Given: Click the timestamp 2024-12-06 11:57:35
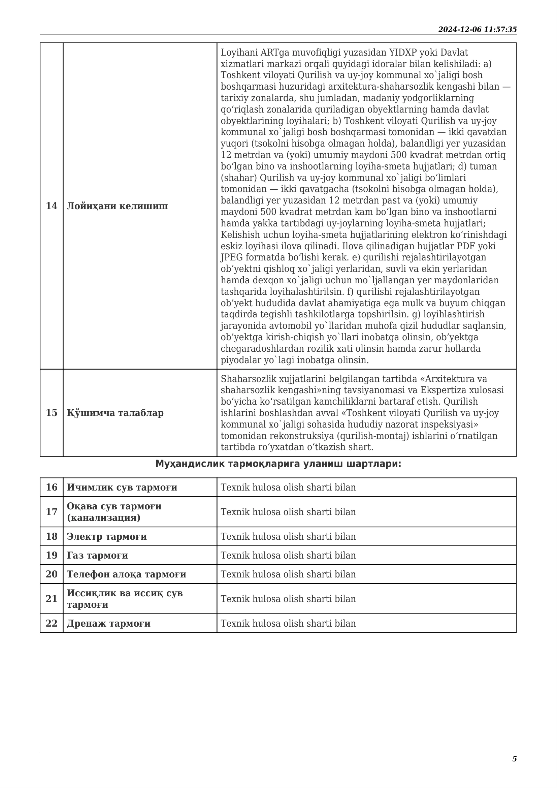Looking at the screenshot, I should (477, 30).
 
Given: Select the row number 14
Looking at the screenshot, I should (52, 206).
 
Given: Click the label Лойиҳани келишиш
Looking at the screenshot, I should (117, 206).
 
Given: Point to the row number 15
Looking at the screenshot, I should (52, 413).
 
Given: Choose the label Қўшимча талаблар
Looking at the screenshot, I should (115, 413).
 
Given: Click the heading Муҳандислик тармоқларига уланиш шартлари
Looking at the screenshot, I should (278, 464).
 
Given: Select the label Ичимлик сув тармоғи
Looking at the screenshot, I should (122, 487).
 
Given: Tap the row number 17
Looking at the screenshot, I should (52, 512).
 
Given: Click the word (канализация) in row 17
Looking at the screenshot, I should (103, 517).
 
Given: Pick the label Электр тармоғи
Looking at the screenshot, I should (107, 536).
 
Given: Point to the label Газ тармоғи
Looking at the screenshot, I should (97, 555).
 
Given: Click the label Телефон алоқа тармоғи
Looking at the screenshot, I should (126, 574).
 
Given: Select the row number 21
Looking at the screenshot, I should (52, 599).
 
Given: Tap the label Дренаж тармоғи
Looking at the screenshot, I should (108, 623).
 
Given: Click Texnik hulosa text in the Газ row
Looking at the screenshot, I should (288, 555).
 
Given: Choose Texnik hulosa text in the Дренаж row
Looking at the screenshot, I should (288, 623).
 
